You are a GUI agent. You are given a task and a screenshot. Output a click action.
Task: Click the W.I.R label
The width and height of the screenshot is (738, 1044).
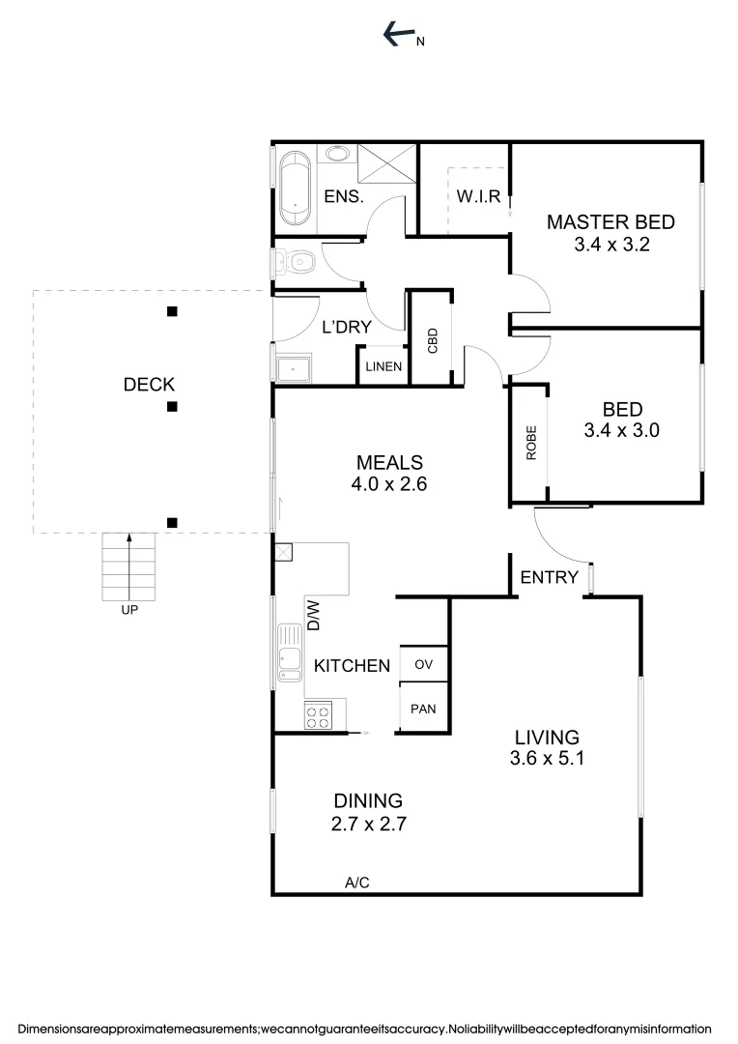478,197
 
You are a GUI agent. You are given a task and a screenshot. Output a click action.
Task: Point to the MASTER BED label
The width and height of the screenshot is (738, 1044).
610,222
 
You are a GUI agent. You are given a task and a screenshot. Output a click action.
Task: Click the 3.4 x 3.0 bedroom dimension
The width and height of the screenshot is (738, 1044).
621,431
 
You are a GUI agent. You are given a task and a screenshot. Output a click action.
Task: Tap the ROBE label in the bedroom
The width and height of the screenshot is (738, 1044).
530,443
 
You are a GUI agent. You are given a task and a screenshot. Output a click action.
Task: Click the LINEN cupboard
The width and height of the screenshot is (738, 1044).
383,367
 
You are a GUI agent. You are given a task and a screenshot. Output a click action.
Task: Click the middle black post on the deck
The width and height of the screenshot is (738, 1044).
172,407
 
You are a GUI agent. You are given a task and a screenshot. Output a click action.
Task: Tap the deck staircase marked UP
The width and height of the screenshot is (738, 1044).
128,567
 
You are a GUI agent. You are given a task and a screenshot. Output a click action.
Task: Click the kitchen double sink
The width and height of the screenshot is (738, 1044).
290,652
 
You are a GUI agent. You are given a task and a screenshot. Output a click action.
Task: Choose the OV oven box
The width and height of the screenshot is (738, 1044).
423,664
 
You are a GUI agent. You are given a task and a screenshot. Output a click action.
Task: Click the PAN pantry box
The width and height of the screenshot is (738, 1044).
423,709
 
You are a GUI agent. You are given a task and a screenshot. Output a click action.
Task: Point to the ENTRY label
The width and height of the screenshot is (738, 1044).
549,578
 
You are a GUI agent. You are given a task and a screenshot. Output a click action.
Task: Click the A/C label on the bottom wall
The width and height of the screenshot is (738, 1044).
357,882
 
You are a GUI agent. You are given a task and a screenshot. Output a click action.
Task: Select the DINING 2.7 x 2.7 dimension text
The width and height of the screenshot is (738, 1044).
367,825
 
